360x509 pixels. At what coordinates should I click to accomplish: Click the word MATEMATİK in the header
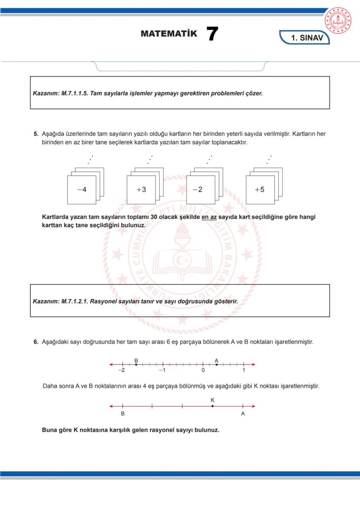(x=169, y=34)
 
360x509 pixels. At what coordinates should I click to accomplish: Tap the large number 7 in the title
(x=212, y=34)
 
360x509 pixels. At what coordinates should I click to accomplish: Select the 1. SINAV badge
(x=307, y=38)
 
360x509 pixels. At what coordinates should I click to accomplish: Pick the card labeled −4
(x=81, y=190)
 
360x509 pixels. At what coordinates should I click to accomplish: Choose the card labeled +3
(x=141, y=190)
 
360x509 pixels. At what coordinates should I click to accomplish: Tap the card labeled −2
(x=200, y=190)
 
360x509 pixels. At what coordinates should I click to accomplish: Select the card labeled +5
(x=260, y=190)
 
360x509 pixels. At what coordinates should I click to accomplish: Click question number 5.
(x=36, y=134)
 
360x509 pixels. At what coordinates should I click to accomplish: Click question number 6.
(x=36, y=342)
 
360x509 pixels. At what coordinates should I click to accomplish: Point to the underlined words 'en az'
(x=209, y=217)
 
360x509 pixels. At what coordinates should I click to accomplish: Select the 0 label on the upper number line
(x=203, y=370)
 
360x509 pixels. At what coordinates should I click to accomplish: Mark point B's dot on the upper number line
(x=136, y=364)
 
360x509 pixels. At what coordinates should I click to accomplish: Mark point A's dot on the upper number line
(x=217, y=364)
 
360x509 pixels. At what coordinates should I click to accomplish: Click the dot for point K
(x=212, y=406)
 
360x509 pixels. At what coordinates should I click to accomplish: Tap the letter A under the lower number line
(x=243, y=414)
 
